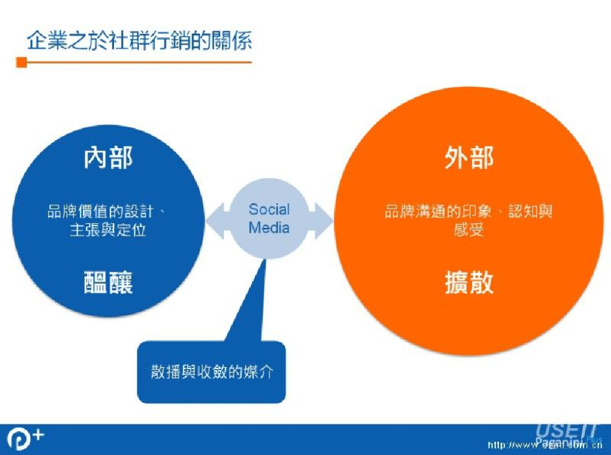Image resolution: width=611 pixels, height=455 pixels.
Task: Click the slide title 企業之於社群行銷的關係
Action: pos(139,40)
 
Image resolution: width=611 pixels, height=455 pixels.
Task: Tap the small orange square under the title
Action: pos(21,62)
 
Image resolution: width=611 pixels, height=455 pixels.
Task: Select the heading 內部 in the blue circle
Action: pos(108,158)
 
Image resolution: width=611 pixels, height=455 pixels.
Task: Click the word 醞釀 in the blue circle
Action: pos(108,282)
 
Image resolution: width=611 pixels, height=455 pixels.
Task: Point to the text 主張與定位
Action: pos(108,230)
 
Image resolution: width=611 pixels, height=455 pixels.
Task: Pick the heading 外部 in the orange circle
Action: pos(469,158)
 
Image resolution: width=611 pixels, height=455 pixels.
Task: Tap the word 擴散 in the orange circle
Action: pos(469,282)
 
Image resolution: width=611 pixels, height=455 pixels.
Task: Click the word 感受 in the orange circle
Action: pos(469,230)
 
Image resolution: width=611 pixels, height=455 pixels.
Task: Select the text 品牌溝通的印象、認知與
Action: pos(469,211)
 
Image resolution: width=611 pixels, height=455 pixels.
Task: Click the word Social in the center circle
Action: pos(269,210)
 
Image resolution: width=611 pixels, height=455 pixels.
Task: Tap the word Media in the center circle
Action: pos(269,227)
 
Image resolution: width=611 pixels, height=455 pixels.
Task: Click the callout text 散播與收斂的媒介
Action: pos(212,371)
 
